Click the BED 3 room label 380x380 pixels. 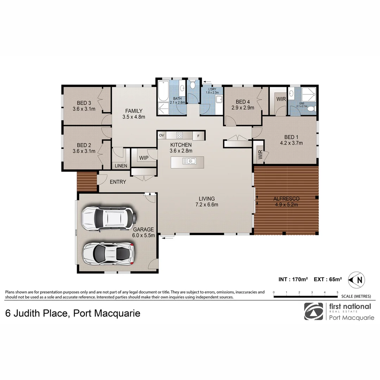(84, 103)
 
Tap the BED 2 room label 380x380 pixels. (84, 145)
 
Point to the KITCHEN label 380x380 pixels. (181, 145)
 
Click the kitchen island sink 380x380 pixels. (189, 161)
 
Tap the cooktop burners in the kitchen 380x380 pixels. (179, 135)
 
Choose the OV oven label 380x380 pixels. (161, 135)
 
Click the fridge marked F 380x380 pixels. (198, 135)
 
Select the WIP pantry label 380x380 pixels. (144, 158)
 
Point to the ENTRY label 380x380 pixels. (118, 182)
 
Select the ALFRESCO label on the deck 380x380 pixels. (286, 199)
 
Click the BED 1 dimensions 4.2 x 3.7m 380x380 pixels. (291, 143)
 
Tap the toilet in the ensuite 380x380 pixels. (310, 109)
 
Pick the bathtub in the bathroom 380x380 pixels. (163, 91)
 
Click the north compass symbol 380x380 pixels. (356, 280)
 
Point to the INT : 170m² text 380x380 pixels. (293, 279)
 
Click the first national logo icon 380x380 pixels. (313, 311)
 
